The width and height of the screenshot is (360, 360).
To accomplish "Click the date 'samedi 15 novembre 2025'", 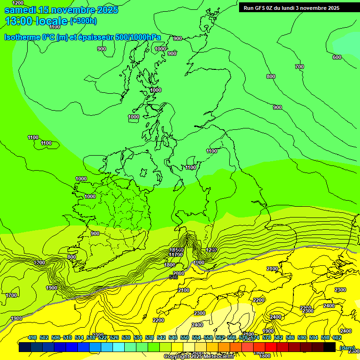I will click(x=61, y=10).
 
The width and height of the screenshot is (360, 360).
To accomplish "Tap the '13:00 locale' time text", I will click(x=36, y=21).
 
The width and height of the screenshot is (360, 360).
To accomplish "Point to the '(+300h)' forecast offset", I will click(x=83, y=21).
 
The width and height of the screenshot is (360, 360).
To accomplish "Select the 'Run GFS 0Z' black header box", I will click(x=291, y=7).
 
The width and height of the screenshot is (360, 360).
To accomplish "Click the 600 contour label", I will click(x=337, y=57).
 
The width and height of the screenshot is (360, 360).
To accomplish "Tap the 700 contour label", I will click(x=299, y=67).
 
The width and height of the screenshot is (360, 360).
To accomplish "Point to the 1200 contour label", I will click(x=18, y=3).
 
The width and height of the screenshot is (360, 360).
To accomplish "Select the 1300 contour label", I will click(x=40, y=262).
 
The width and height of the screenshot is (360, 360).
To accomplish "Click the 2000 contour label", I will click(x=179, y=273).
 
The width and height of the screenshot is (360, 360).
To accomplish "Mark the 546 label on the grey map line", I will click(x=173, y=277).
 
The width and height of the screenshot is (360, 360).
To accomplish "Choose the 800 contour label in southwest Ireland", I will click(x=72, y=257).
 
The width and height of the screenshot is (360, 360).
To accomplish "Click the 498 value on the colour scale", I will click(x=32, y=337).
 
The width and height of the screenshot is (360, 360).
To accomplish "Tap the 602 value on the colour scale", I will click(x=337, y=337).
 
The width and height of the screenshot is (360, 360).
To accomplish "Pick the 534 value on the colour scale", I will click(x=138, y=337).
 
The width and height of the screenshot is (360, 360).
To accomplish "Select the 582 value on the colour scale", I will click(x=278, y=337).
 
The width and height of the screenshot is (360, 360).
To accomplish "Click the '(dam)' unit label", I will click(x=347, y=348).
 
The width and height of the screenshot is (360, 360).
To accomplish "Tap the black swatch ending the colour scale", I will click(x=330, y=347).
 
